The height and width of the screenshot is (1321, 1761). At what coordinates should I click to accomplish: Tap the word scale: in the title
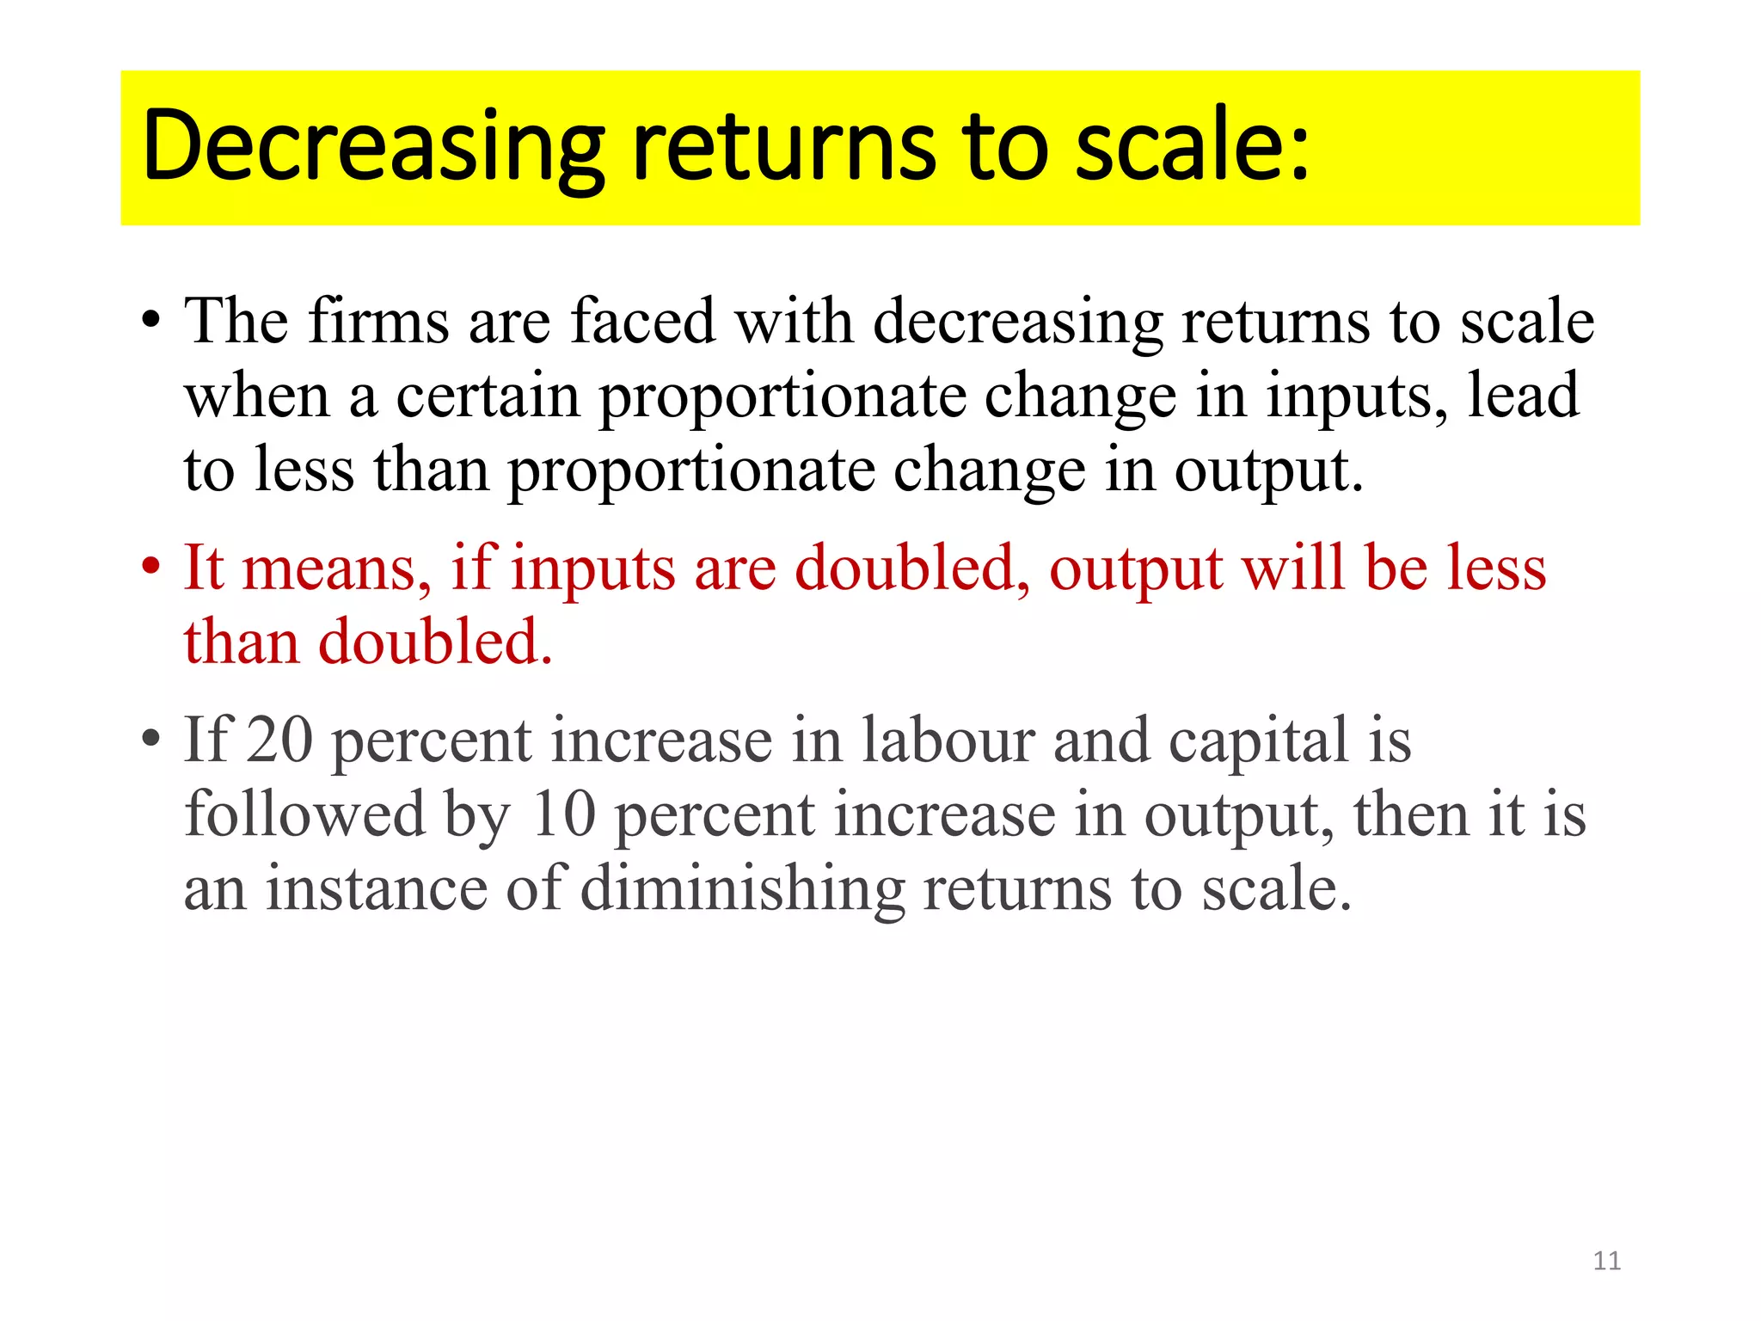click(x=1192, y=146)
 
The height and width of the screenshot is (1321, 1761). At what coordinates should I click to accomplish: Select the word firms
click(x=378, y=321)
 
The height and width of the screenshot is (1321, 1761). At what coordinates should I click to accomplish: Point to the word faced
click(x=642, y=321)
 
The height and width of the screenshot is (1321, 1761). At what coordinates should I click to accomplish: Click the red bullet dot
click(x=151, y=567)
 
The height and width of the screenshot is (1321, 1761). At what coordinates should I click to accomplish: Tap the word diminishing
click(x=742, y=889)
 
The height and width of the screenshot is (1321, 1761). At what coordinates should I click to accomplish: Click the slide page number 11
click(x=1606, y=1261)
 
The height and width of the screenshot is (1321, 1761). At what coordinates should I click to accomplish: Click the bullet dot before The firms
click(x=151, y=321)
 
